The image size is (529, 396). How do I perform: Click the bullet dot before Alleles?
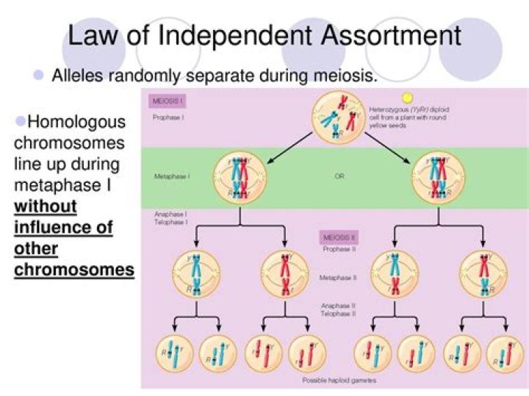click(x=39, y=75)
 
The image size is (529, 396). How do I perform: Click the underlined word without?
click(x=46, y=206)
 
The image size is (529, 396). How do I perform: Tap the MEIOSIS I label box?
click(x=168, y=101)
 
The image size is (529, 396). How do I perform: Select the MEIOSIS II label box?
click(x=338, y=237)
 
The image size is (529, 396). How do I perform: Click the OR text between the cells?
click(x=339, y=177)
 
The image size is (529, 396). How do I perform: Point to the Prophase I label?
click(x=168, y=117)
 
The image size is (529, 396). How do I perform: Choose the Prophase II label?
click(x=339, y=249)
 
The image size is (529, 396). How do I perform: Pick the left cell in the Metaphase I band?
click(x=239, y=177)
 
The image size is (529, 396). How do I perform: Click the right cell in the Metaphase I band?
click(x=439, y=177)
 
